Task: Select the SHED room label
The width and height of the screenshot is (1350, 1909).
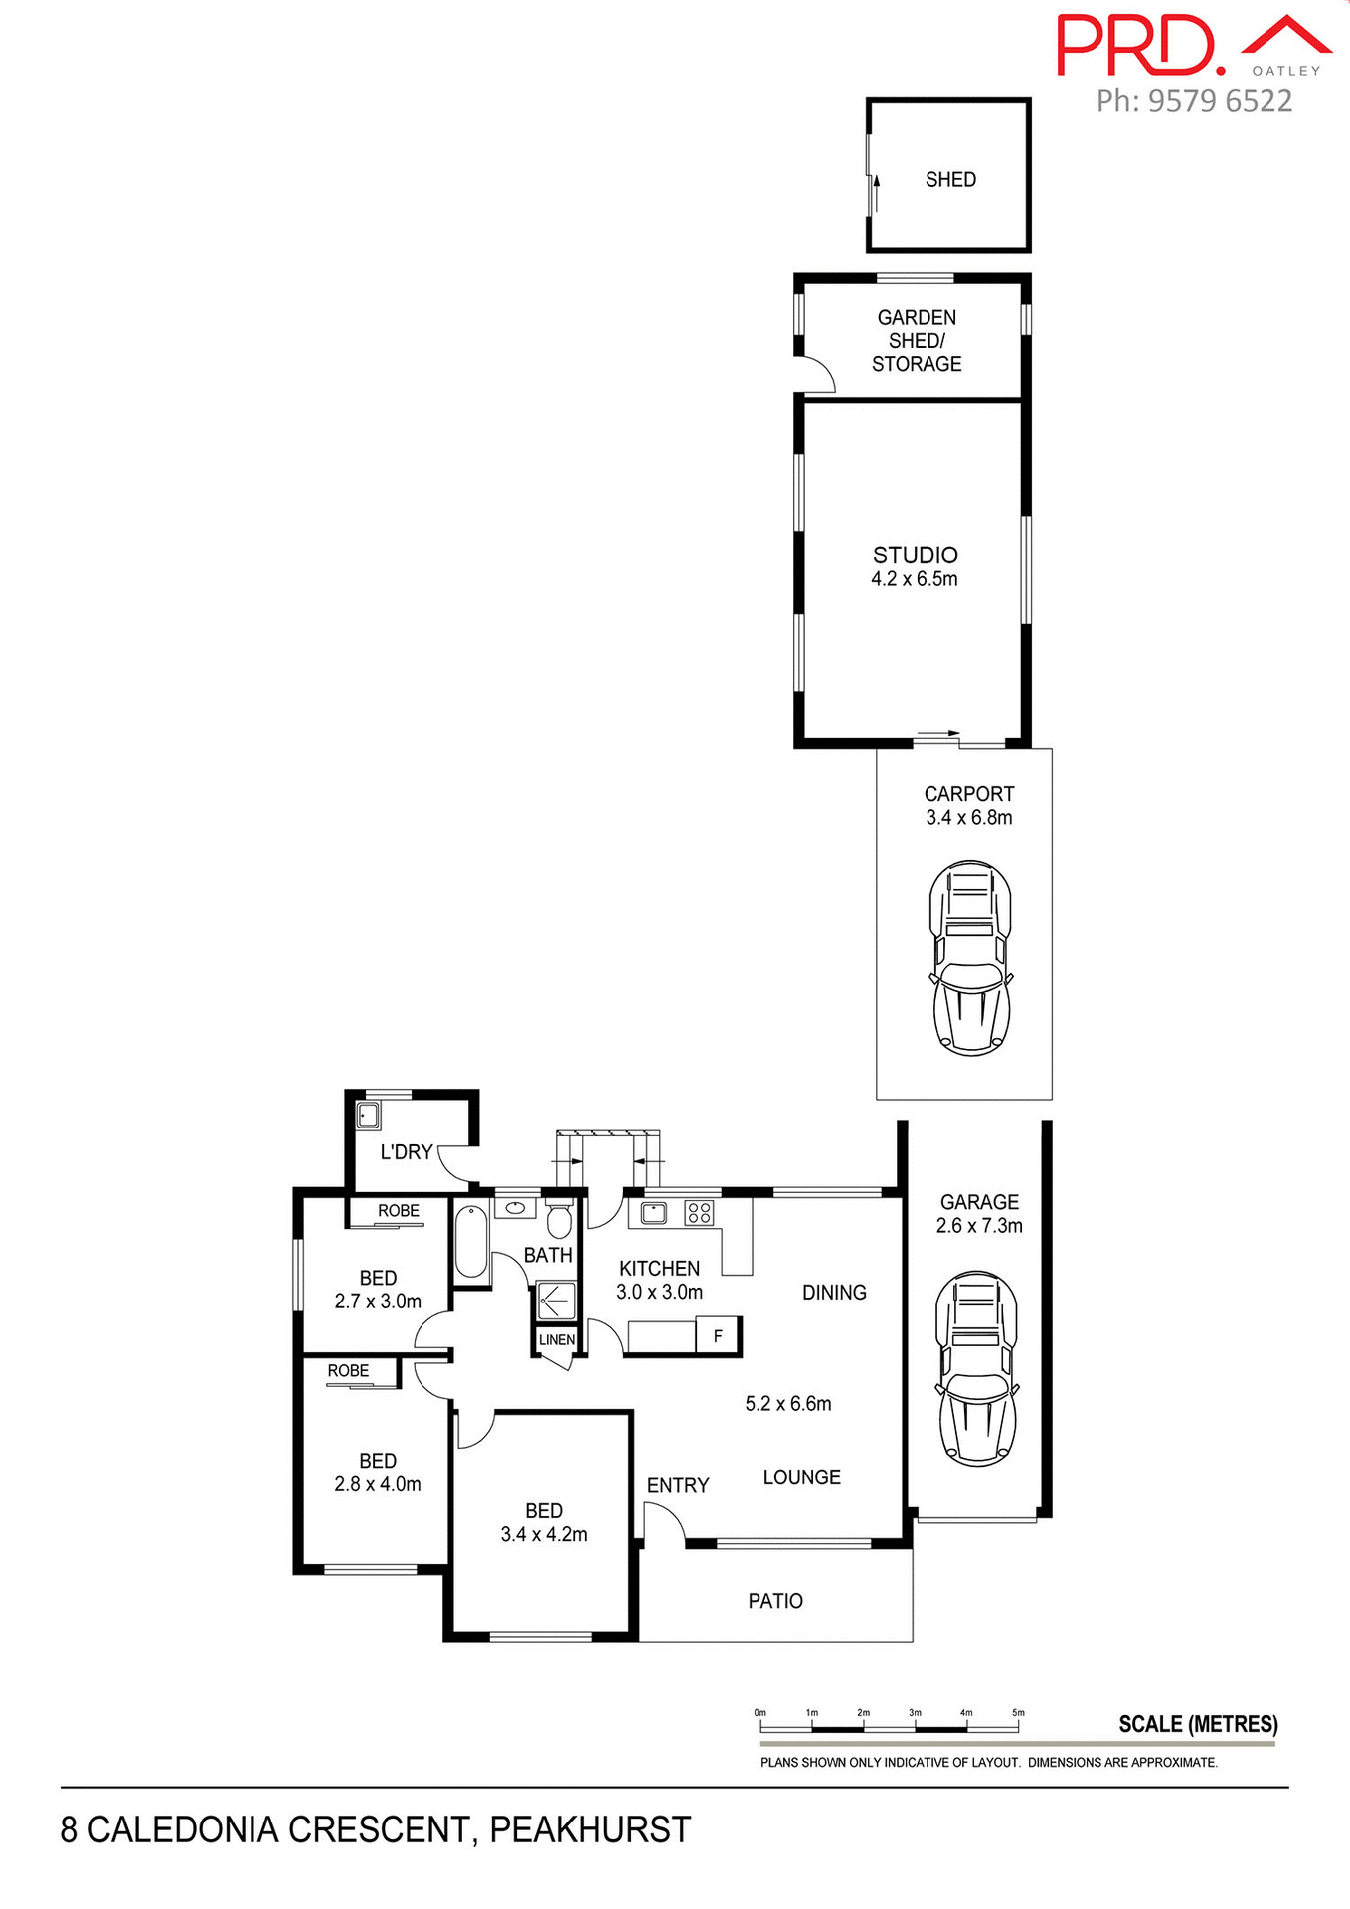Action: [x=950, y=180]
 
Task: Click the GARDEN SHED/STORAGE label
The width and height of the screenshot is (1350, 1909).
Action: [x=917, y=341]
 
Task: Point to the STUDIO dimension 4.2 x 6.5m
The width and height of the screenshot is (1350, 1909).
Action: [x=915, y=579]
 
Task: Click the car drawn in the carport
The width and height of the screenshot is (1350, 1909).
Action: [x=970, y=957]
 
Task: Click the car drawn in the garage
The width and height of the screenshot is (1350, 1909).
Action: [x=977, y=1368]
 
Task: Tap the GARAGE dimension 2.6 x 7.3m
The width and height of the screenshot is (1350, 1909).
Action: [x=979, y=1226]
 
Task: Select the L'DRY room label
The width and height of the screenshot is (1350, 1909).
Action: [x=407, y=1152]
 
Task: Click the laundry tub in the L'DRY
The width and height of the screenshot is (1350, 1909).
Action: [x=369, y=1115]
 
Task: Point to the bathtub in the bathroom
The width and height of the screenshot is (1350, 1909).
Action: [x=471, y=1243]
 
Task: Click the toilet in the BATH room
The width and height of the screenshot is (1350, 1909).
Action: [x=560, y=1219]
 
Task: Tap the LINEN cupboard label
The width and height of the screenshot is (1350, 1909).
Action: [x=557, y=1340]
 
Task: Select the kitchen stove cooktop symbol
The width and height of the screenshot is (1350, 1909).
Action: [x=699, y=1212]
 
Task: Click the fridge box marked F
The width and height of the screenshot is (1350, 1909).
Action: [x=718, y=1336]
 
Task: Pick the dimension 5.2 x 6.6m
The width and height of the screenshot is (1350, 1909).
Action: [x=788, y=1404]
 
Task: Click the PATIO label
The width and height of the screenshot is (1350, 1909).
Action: [x=775, y=1601]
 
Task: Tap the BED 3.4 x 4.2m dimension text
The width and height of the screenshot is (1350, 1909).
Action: [x=544, y=1535]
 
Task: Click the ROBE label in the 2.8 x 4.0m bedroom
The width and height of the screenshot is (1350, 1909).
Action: [x=348, y=1371]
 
